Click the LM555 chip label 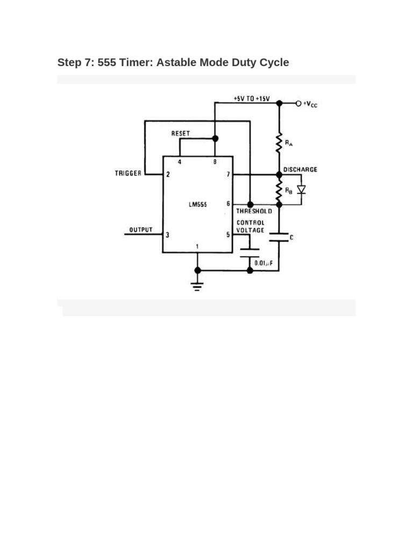point(198,204)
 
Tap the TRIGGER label point(128,173)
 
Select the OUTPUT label point(141,230)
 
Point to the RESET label point(180,133)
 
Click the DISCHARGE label point(301,170)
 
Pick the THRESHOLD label point(254,211)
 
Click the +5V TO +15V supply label point(251,99)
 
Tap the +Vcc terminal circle point(298,103)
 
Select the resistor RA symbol point(279,143)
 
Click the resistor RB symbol point(279,189)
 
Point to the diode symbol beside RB point(301,189)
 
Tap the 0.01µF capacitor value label point(265,263)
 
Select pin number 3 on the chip point(168,235)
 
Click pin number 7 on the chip point(228,175)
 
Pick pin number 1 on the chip point(197,247)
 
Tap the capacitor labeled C point(279,237)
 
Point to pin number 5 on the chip point(228,235)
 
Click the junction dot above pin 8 point(215,139)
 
